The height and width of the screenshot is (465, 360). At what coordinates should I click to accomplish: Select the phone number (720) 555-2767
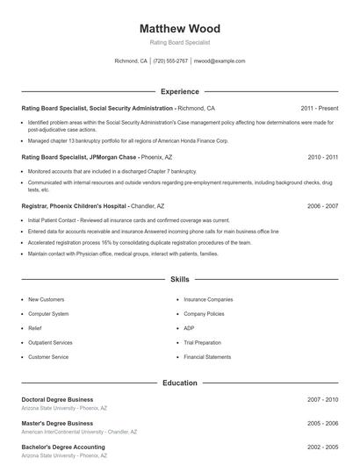click(x=170, y=61)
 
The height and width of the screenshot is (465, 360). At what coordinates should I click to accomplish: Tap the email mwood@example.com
click(x=219, y=61)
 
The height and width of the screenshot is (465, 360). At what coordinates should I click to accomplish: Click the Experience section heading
click(x=180, y=91)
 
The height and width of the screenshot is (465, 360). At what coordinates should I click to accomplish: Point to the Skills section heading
click(x=180, y=280)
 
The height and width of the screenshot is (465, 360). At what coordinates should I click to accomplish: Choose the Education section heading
click(x=180, y=383)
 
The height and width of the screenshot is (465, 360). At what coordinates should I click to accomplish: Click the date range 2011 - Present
click(x=319, y=108)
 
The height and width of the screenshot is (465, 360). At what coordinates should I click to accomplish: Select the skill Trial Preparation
click(x=204, y=342)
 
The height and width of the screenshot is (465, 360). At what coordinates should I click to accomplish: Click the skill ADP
click(x=189, y=328)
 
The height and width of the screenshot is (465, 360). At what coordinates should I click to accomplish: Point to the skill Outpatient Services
click(x=50, y=342)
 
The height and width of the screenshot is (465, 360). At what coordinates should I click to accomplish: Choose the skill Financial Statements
click(x=207, y=357)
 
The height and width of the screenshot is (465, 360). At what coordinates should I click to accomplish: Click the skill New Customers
click(x=46, y=299)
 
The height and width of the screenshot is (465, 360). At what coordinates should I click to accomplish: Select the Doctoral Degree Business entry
click(x=57, y=399)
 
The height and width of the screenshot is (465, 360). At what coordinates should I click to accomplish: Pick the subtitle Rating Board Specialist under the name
click(x=180, y=42)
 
